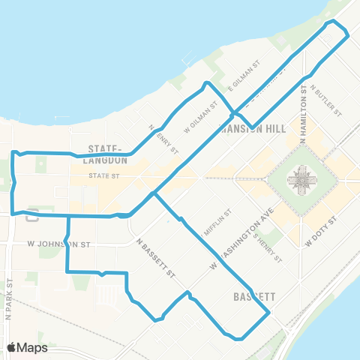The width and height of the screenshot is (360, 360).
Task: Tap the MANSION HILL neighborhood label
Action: pos(250,128)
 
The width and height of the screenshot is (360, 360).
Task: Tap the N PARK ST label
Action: pos(9,301)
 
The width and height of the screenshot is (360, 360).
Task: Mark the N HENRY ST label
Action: pos(163,139)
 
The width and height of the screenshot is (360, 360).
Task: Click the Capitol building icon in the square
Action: pos(303,181)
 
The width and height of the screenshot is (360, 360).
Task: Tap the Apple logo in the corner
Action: pos(12,347)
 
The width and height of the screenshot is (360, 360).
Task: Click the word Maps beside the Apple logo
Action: pos(33,347)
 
